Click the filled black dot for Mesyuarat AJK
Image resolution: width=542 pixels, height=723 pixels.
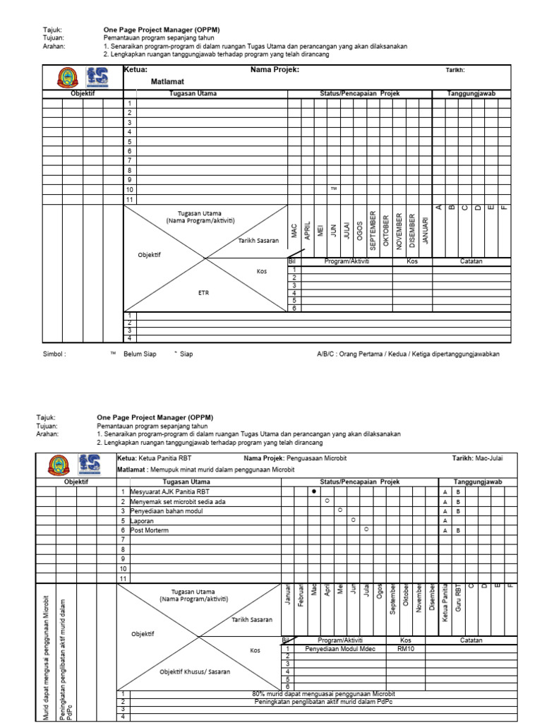(314, 491)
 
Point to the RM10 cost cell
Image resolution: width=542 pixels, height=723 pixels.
(406, 648)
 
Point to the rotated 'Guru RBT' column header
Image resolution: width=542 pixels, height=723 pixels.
(458, 599)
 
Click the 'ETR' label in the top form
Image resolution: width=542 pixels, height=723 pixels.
(203, 292)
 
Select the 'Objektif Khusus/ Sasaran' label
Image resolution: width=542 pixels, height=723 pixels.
(195, 671)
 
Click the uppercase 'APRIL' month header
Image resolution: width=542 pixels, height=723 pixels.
(307, 229)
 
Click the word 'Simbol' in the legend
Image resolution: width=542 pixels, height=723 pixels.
(54, 354)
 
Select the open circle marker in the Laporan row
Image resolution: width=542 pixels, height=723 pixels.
(353, 520)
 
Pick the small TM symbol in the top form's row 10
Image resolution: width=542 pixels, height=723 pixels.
(333, 189)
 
